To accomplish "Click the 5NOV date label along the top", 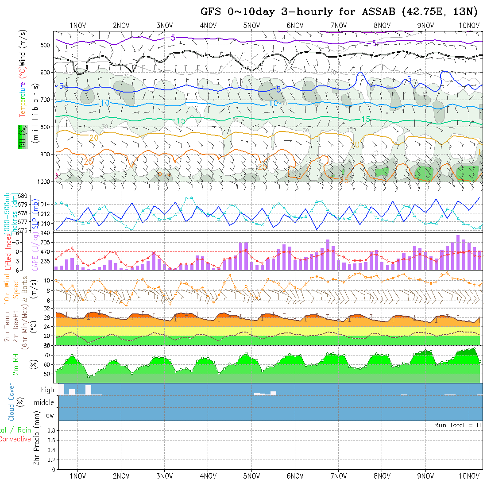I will click(251, 25).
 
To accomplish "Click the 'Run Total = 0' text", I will click(457, 425).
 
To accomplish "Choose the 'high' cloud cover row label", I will click(47, 390).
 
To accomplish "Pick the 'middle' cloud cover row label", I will click(44, 403).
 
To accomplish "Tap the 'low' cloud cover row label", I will click(49, 415).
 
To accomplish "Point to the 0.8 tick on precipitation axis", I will click(50, 430).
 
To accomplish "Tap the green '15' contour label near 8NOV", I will click(366, 120).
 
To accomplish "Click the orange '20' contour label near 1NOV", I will click(94, 138).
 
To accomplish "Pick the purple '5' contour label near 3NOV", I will click(173, 38).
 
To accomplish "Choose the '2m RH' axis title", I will click(16, 365).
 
